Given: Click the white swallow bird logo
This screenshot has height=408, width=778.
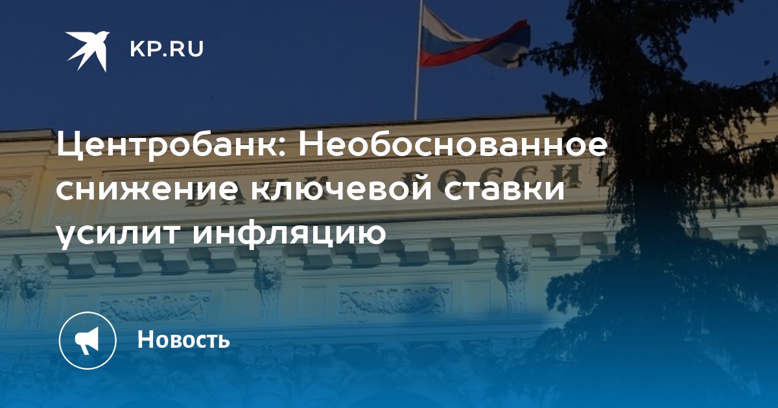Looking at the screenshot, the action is (88, 51).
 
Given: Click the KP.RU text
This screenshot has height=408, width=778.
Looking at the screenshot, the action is (167, 49).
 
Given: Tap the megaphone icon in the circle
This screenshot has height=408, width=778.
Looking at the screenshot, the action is (87, 341).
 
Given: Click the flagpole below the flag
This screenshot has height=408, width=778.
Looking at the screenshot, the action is (416, 94).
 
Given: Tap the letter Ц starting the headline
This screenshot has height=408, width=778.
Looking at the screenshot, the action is (69, 147).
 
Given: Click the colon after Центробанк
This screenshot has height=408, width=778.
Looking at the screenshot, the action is (281, 150).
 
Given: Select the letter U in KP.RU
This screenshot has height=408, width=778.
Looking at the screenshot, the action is (196, 49).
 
